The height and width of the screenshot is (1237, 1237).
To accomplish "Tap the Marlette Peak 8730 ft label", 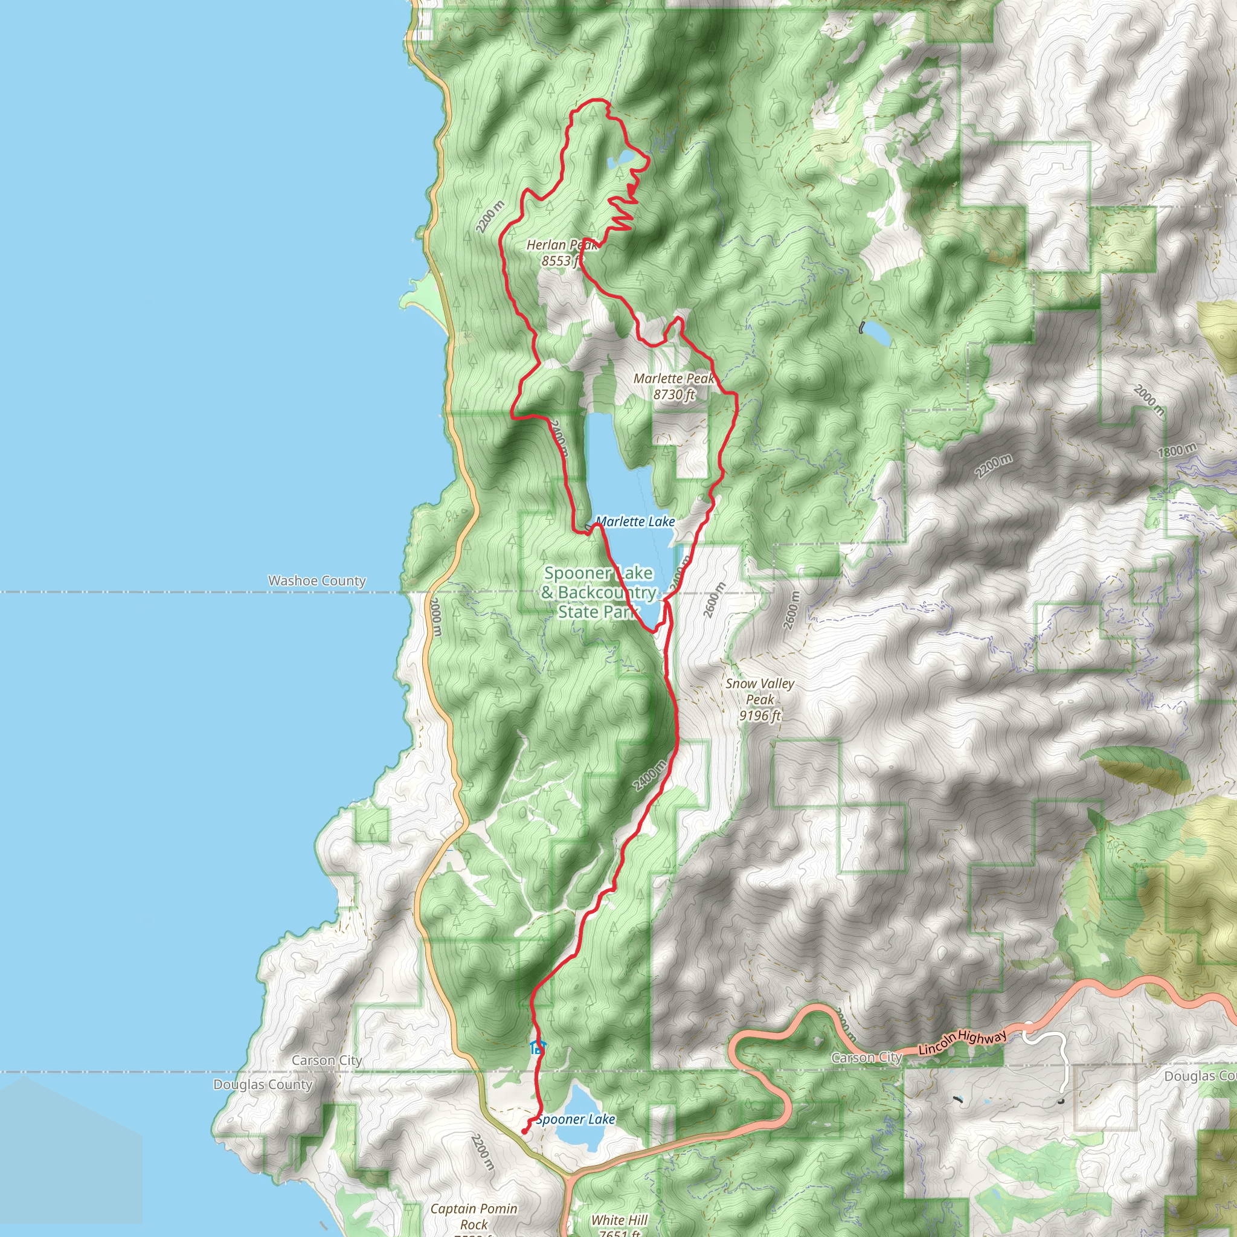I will pos(673,386).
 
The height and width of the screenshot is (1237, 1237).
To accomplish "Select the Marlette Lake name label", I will pos(635,522).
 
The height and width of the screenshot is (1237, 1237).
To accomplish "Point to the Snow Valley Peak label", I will pos(760,699).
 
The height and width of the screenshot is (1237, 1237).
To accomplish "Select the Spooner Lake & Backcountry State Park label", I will pos(598,593).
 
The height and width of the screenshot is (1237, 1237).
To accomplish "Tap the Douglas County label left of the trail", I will pos(263,1085).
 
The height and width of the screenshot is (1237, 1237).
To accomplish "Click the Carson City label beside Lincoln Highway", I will pos(866,1058).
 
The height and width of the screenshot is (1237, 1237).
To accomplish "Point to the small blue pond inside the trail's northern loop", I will pos(173,158).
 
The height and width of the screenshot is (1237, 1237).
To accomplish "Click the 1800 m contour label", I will pos(1177,451).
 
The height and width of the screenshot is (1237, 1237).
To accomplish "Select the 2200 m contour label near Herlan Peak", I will pos(490,216).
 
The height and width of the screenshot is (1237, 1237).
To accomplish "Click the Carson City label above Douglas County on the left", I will pos(327,1061).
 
